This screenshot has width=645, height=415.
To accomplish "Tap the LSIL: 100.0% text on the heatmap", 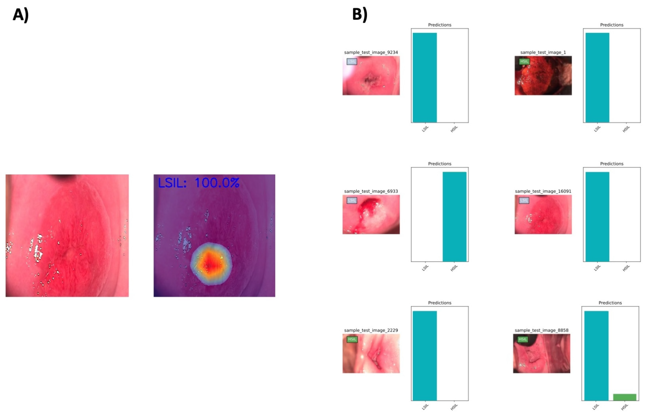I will (x=199, y=183).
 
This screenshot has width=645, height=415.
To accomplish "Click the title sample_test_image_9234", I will (x=371, y=52).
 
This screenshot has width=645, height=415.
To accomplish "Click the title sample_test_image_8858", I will (x=541, y=330).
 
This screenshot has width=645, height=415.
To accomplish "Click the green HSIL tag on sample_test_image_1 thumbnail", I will (x=524, y=61).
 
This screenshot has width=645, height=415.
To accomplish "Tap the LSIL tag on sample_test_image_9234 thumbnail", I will (x=352, y=61).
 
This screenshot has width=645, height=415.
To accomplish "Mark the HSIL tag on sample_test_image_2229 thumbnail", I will (x=352, y=339).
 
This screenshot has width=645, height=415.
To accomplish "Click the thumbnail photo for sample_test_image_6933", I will (x=371, y=215).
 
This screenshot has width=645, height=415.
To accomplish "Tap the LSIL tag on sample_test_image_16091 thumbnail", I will (x=524, y=200).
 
